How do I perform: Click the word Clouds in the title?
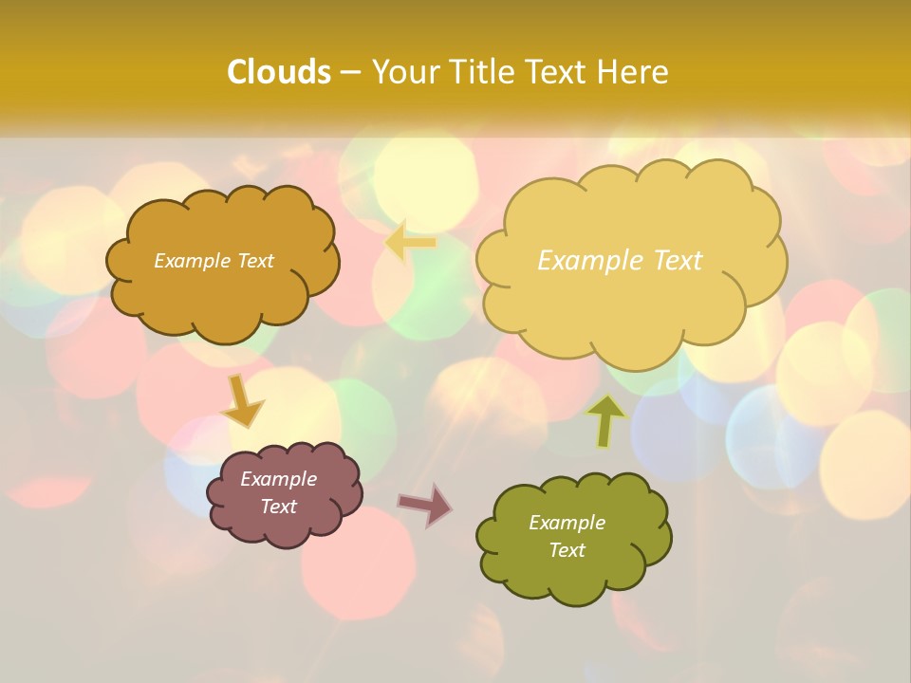coord(278,72)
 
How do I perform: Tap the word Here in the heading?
coord(635,72)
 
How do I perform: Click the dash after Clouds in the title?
coord(349,73)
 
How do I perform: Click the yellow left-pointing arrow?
coord(410,242)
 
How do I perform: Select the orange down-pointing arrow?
coord(241,402)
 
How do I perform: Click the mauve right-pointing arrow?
coord(425,505)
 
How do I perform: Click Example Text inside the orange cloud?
coord(214,261)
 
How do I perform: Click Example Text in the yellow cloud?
coord(620,261)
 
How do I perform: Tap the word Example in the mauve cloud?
coord(278,479)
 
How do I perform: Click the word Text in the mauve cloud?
coord(279,507)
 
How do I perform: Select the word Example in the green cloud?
coord(567,523)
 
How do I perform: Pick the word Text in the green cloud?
coord(567,550)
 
